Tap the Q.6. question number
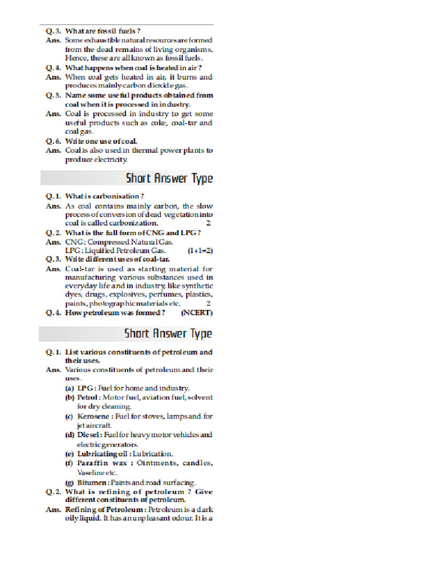[53, 142]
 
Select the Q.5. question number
[53, 95]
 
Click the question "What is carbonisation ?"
[105, 196]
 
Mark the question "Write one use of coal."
[101, 142]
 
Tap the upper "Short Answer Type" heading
[169, 178]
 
